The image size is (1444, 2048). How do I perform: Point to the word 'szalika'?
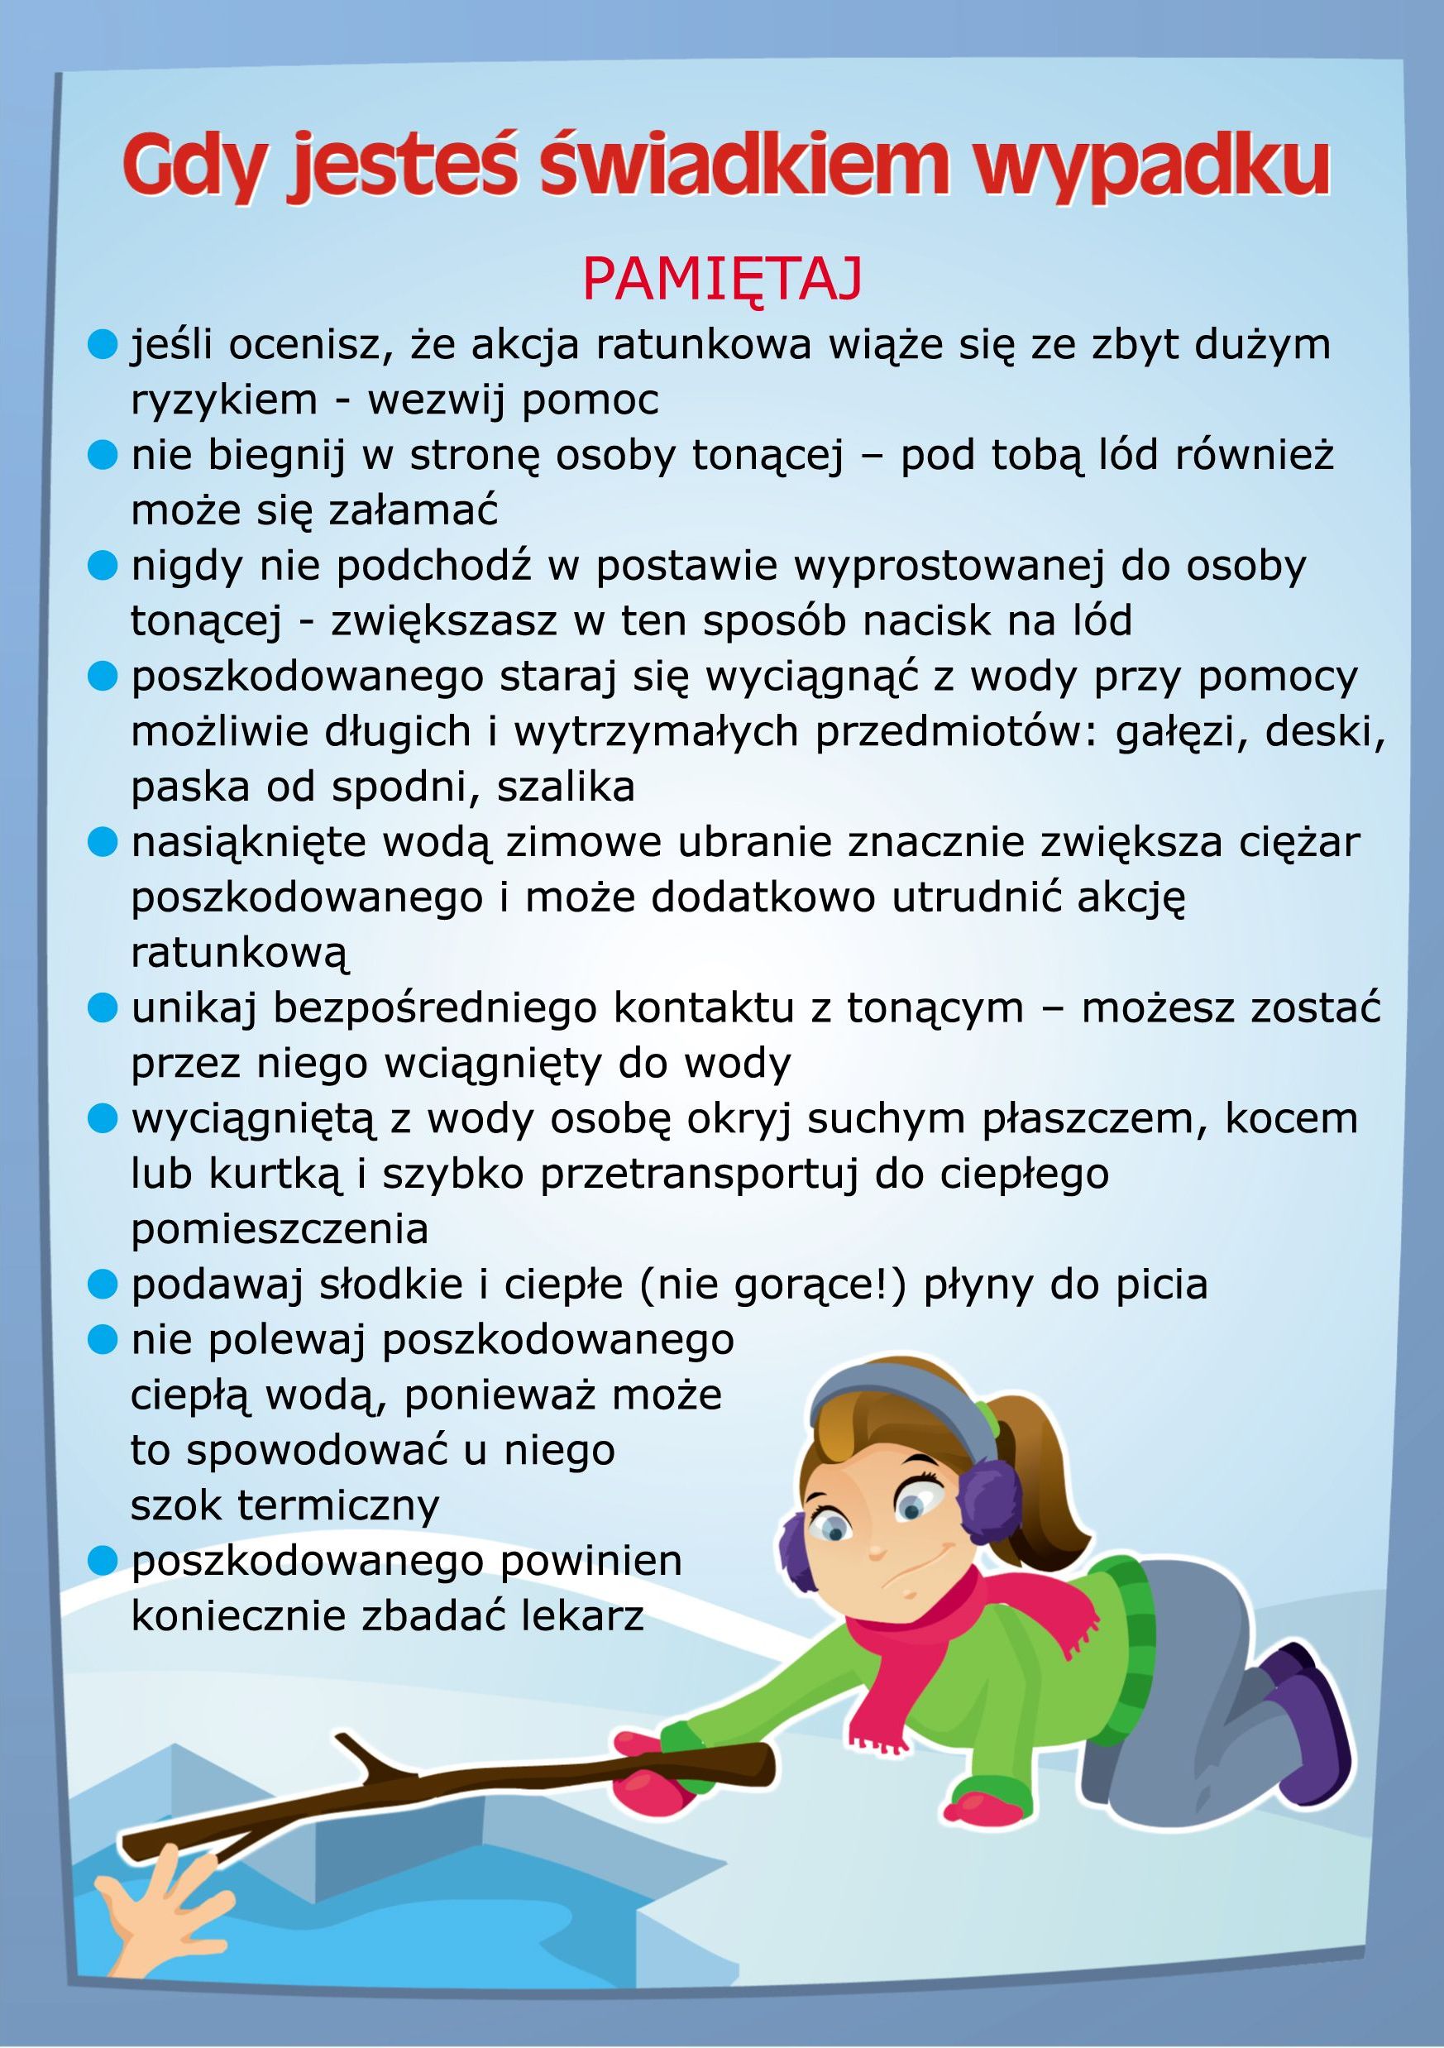565,786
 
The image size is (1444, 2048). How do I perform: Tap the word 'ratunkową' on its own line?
240,953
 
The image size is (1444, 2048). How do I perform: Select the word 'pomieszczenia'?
280,1228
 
